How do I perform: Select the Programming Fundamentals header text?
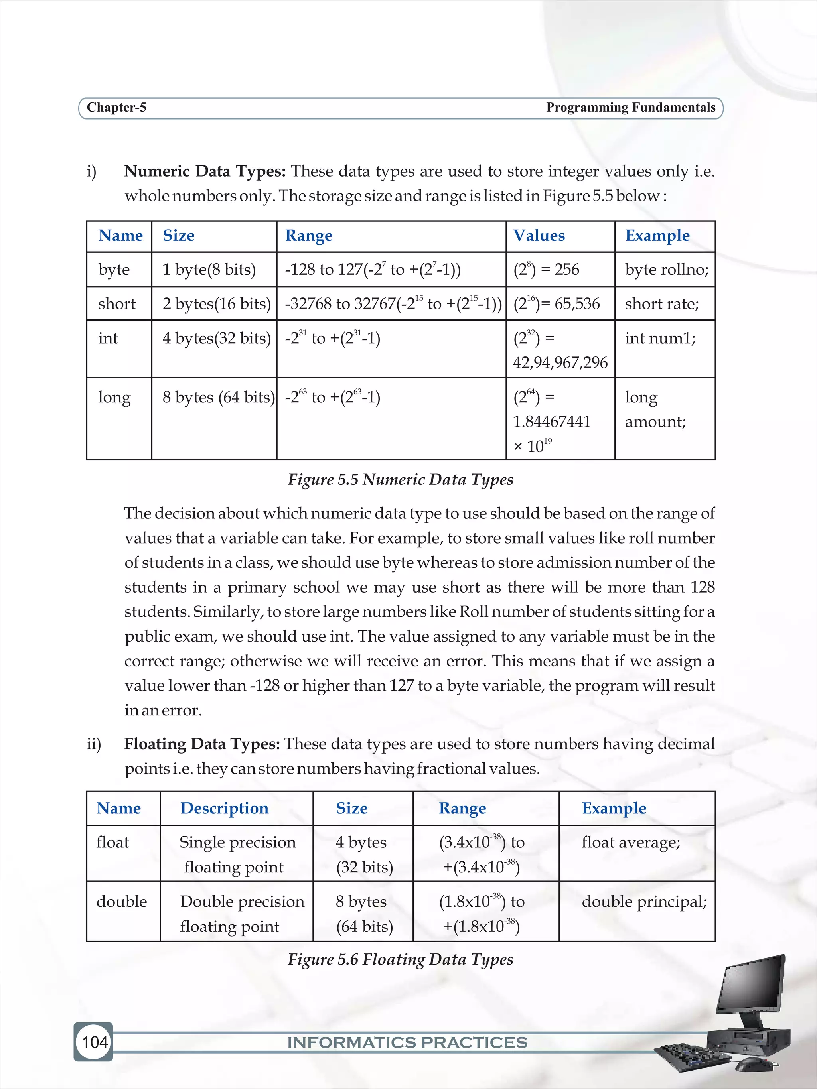tap(630, 107)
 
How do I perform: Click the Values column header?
tap(539, 236)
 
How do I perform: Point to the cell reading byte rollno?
tap(666, 270)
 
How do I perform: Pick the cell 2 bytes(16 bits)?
tap(216, 304)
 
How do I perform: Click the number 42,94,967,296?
tap(560, 363)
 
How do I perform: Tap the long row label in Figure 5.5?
tap(114, 397)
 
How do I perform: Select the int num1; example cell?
tap(660, 338)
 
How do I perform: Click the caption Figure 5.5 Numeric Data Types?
tap(401, 480)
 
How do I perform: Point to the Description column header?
tap(224, 808)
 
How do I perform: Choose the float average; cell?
tap(630, 842)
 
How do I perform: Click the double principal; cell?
tap(643, 902)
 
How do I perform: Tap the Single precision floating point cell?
tap(237, 855)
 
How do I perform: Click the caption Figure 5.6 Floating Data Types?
tap(401, 959)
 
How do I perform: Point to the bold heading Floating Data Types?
tap(202, 744)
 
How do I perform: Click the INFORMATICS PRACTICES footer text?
tap(407, 1042)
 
